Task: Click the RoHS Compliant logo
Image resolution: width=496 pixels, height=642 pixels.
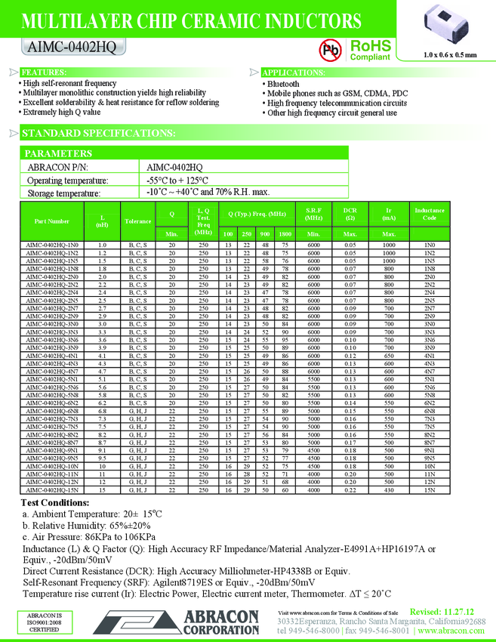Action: [x=369, y=50]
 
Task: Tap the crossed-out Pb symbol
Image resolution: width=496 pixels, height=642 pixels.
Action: [x=331, y=50]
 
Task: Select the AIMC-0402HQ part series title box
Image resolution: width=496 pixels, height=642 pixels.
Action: [x=68, y=47]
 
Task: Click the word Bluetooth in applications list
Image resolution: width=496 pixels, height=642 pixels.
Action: [x=283, y=84]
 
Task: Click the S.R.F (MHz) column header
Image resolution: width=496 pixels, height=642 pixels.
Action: [x=314, y=214]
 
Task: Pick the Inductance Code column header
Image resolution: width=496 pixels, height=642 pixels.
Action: [x=429, y=214]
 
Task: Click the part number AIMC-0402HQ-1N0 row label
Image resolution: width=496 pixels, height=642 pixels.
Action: [x=52, y=245]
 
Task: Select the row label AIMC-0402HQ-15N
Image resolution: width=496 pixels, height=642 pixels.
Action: [x=52, y=489]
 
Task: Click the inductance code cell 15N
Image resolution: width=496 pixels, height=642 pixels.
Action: [x=429, y=489]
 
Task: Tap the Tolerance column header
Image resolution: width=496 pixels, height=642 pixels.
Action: [x=138, y=221]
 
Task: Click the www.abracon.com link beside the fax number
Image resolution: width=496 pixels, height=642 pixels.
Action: [x=453, y=630]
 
